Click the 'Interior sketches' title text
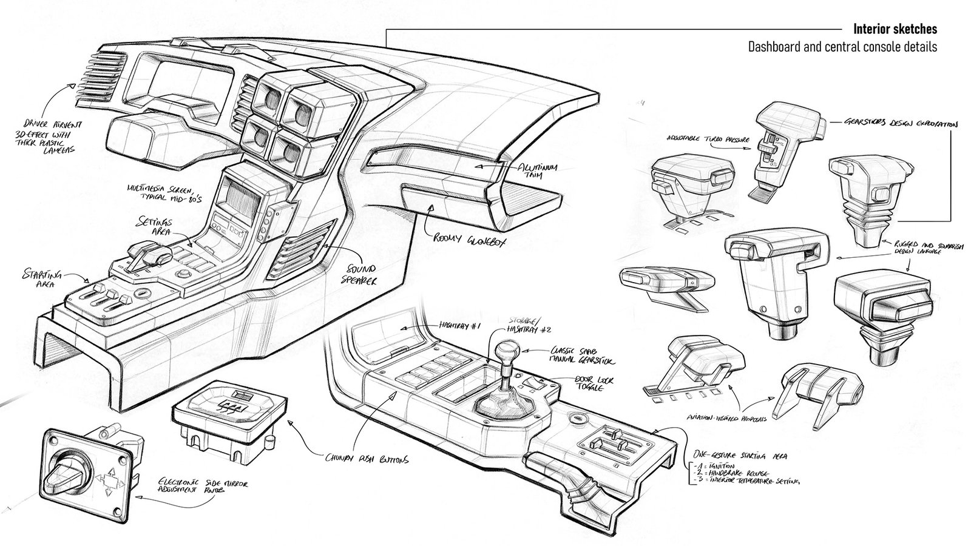click(895, 29)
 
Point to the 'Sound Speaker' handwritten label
click(362, 274)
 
